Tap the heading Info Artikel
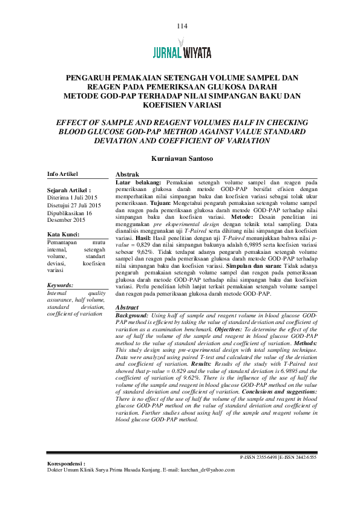tap(63, 174)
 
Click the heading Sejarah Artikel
tap(68, 189)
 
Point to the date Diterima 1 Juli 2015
tap(72, 197)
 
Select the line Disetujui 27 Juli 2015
tap(74, 205)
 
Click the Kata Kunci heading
tap(63, 235)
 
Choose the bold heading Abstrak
tap(125, 174)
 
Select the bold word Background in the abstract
tap(131, 316)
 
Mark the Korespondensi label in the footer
tap(66, 463)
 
